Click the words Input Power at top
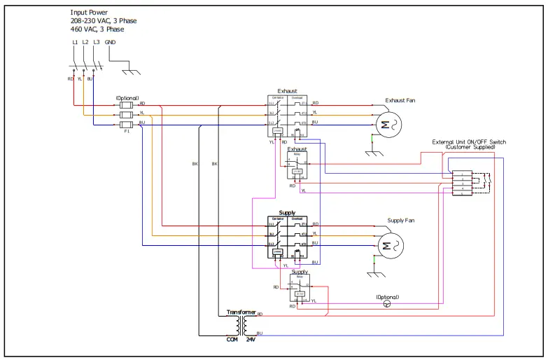point(89,13)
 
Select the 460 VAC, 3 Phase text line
point(97,29)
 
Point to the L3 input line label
point(96,43)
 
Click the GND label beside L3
point(111,43)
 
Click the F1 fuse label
point(127,131)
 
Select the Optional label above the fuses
point(127,98)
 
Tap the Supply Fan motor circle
point(386,245)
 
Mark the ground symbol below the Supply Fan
point(375,272)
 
